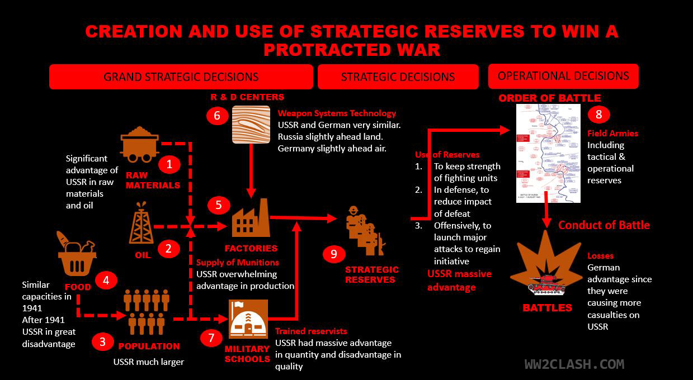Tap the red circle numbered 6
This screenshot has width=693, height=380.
coord(217,116)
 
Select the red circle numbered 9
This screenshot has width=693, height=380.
coord(334,254)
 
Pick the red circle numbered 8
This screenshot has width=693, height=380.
coord(599,115)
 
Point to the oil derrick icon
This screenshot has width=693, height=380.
coord(141,223)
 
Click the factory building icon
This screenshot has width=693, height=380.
coord(251,218)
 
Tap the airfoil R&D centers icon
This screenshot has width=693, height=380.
coord(251,125)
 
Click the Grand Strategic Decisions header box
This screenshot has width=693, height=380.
coord(181,77)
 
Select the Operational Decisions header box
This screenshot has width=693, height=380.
coord(563,76)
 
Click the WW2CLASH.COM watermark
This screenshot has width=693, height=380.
coord(574,364)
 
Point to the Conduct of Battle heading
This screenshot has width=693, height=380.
coord(604,225)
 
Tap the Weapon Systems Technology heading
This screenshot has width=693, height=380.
coord(337,113)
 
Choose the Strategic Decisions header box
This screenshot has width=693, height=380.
coord(398,77)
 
